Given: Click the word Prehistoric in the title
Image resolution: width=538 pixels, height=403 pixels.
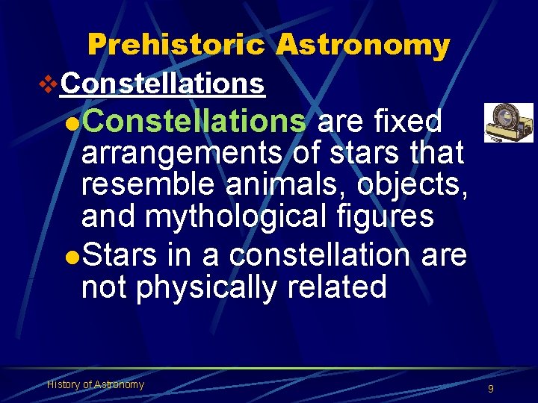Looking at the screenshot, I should (176, 46).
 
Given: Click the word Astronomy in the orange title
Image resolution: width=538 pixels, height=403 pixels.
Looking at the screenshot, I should (362, 46).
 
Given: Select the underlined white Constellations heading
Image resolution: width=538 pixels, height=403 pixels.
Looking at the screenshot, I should (163, 84).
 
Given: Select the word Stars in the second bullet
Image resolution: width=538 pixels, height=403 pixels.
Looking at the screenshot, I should (119, 255).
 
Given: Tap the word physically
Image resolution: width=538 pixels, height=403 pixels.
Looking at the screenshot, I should (205, 287).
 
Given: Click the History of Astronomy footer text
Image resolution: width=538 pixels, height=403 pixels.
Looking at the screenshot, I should (96, 384).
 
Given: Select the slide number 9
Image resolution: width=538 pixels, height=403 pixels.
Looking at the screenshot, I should (490, 389).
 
